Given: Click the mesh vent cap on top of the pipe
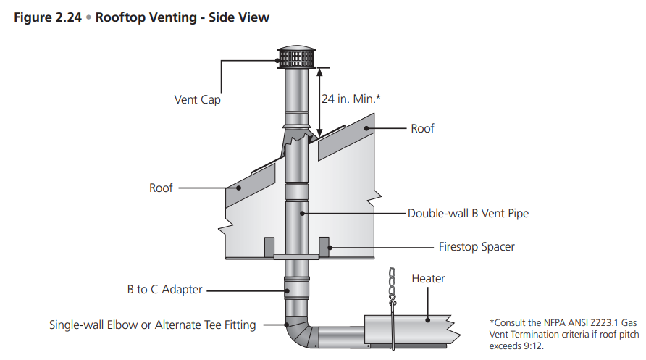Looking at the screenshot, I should (x=295, y=58).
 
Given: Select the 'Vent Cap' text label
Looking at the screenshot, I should (x=197, y=100).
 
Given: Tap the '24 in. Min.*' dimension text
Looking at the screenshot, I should (x=351, y=99).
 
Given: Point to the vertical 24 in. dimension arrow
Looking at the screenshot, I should (x=318, y=101).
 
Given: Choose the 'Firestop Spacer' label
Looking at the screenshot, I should (x=477, y=247).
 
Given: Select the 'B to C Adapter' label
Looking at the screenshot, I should (x=164, y=290).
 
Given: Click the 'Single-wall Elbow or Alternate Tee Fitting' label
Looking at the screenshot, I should (x=152, y=325).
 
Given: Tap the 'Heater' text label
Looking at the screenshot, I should (x=428, y=279).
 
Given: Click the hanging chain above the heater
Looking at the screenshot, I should (x=393, y=286).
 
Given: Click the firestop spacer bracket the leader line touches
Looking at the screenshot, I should (x=324, y=246).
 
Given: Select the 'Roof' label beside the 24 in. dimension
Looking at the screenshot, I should (x=422, y=128).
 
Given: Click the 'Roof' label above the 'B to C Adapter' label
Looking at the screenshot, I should (x=161, y=188).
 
